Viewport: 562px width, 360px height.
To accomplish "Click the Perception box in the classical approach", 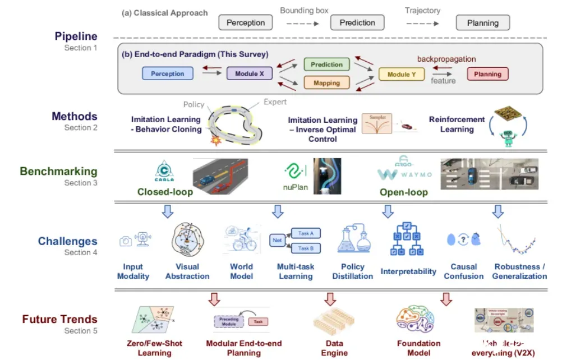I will coord(245,23).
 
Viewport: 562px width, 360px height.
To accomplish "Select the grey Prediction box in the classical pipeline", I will coord(357,23).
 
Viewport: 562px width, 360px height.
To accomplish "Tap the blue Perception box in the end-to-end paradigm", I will coord(167,73).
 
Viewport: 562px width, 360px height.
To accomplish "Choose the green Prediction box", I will coord(326,64).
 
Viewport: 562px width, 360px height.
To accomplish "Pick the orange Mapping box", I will coord(326,83).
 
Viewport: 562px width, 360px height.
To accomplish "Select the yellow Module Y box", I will coord(402,74).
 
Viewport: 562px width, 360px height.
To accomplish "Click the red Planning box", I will coord(487,73).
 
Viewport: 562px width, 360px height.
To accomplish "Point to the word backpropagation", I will coord(446,59).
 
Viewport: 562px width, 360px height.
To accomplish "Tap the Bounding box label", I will coord(304,11).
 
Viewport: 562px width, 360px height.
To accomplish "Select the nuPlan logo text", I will coord(295,188).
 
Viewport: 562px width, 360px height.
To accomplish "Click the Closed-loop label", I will coord(165,192).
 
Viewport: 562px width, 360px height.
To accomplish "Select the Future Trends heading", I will coord(59,320).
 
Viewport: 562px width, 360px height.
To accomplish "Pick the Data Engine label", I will coord(334,348).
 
